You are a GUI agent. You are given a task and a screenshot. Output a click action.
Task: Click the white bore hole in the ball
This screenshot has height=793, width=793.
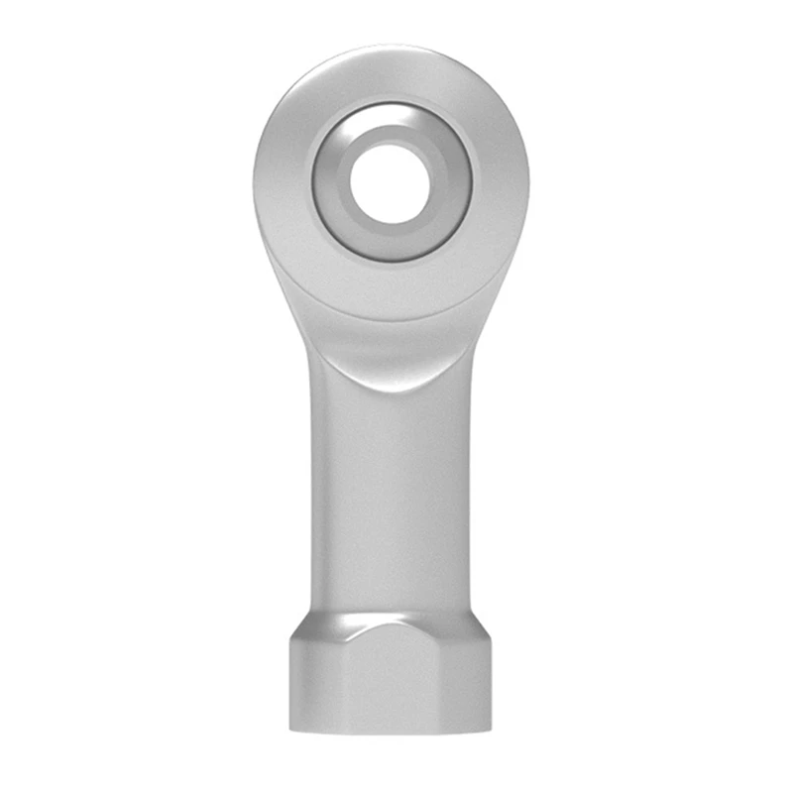[392, 184]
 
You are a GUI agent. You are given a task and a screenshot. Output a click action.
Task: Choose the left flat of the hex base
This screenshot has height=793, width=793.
[311, 684]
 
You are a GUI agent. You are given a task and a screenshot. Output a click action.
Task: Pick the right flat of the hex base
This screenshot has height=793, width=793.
[471, 684]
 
